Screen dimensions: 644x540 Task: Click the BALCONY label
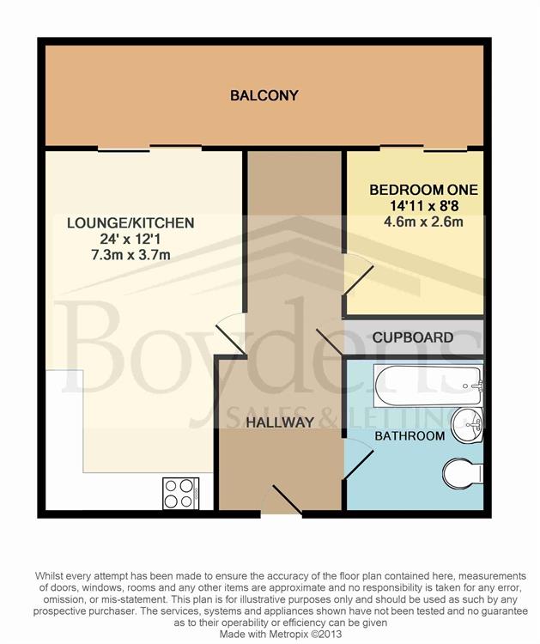(x=264, y=95)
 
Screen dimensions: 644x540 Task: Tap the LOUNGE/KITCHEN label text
(x=130, y=223)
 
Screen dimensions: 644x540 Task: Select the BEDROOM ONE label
(x=423, y=190)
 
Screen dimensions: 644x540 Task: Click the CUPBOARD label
(x=413, y=337)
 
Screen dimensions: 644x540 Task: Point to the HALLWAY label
(x=280, y=422)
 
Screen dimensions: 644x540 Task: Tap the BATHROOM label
(x=409, y=436)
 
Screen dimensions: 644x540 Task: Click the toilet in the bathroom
(x=463, y=471)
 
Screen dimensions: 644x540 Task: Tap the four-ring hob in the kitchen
(x=180, y=493)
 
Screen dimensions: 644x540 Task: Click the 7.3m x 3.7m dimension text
(x=130, y=256)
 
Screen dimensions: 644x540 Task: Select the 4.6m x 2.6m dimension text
(x=423, y=222)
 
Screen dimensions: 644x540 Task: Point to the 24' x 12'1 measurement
(x=130, y=240)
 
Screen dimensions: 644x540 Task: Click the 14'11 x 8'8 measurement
(x=423, y=206)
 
